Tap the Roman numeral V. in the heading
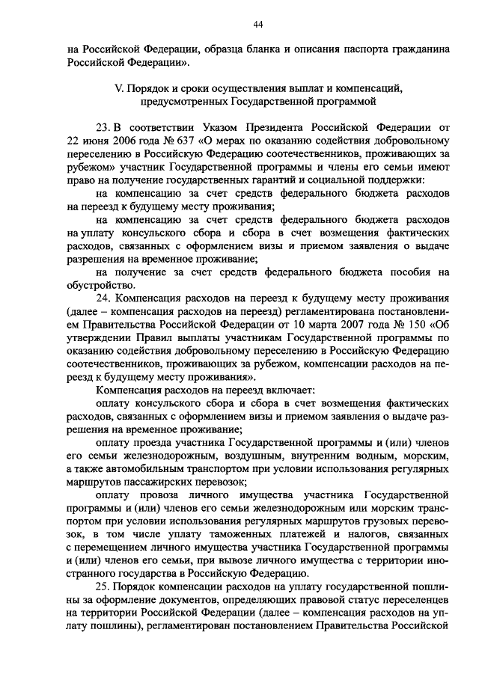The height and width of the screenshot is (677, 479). (118, 88)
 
